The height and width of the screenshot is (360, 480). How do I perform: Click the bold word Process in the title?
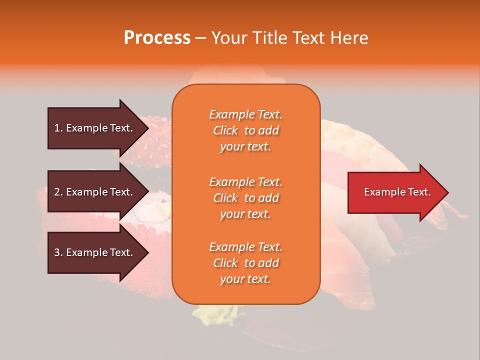pos(157,38)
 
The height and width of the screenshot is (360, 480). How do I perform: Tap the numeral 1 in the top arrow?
pos(56,128)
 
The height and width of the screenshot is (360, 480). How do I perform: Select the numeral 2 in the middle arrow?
pos(57,192)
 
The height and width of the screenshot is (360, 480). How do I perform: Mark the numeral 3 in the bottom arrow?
pos(57,252)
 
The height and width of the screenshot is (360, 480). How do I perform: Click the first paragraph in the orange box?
pos(245,130)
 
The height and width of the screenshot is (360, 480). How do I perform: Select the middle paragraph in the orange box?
pos(245,198)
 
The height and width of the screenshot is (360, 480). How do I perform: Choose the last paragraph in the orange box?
pos(245,263)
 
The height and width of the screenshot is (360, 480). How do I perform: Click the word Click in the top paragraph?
pos(225,130)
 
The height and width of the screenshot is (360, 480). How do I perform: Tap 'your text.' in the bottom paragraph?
pos(245,279)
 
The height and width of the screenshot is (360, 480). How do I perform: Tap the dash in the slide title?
pos(200,38)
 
